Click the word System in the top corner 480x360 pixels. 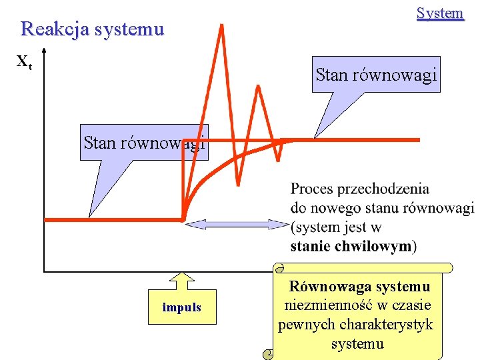[x=439, y=13]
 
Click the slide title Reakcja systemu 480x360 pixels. [x=92, y=29]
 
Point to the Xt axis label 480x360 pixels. [x=24, y=63]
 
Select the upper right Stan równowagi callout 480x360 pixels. [x=376, y=75]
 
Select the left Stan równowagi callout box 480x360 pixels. [x=143, y=142]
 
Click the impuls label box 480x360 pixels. [x=181, y=307]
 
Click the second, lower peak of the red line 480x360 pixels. [x=257, y=87]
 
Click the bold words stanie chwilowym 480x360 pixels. [x=351, y=246]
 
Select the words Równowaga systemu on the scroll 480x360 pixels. [x=359, y=287]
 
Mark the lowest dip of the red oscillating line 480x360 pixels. [x=238, y=183]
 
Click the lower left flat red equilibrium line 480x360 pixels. [x=113, y=219]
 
